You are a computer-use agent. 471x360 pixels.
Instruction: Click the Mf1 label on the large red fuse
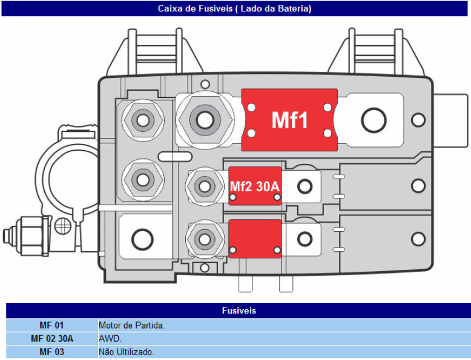(289, 120)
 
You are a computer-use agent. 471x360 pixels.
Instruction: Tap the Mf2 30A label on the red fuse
(255, 186)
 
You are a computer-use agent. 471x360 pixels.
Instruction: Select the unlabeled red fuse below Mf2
(255, 239)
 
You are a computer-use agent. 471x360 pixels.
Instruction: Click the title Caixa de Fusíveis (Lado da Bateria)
(235, 8)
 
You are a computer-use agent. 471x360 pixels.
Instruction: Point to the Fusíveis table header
(239, 310)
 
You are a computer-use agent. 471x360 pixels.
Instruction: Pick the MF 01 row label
(51, 325)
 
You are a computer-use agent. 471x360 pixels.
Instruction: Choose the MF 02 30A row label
(52, 339)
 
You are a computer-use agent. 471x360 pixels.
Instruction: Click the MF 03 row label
(51, 352)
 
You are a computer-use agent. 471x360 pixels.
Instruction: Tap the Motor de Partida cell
(132, 325)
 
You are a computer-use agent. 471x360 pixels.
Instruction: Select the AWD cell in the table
(110, 339)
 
